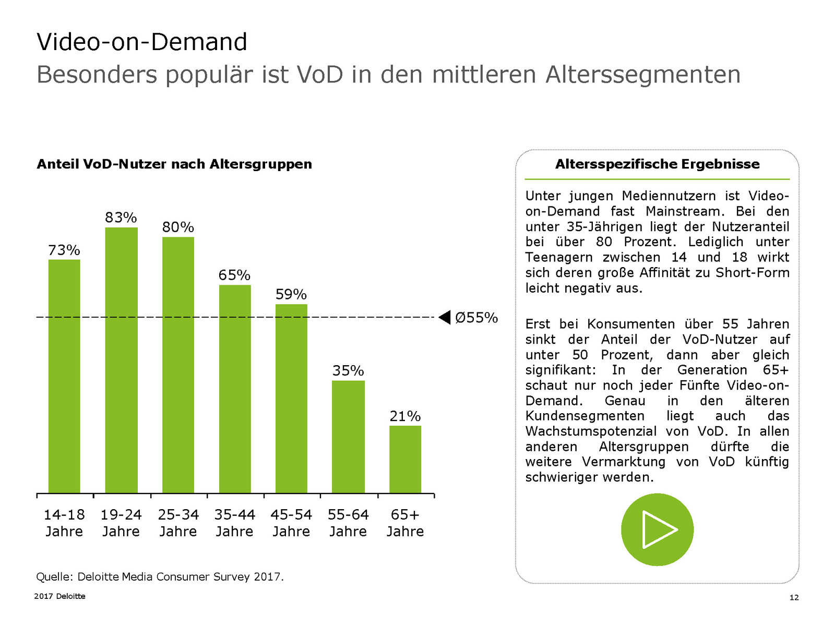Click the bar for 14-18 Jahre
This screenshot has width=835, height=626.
coord(64,376)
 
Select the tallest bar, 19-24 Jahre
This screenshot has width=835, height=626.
coord(121,360)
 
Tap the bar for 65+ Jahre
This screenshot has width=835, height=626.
coord(405,459)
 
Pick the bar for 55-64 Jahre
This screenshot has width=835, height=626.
coord(348,437)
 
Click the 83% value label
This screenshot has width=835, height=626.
coord(121,218)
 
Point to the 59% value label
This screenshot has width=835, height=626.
coord(291,294)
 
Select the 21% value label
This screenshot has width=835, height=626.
coord(405,416)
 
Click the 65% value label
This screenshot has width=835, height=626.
coord(234,275)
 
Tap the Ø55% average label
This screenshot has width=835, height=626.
coord(476,318)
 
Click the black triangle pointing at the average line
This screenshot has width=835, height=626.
coord(445,317)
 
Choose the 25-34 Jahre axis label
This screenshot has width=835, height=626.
coord(178,523)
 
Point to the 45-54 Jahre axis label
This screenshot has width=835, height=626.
coord(291,523)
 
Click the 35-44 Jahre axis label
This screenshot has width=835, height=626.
coord(234,523)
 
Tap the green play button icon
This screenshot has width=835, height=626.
coord(657,529)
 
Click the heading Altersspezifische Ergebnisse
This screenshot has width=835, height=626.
coord(657,164)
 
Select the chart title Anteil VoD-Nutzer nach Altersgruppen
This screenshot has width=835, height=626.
coord(174,164)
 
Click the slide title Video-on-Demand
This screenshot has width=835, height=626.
coord(142,42)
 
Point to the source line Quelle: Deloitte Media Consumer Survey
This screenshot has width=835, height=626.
coord(160,576)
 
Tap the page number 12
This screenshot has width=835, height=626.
coord(794,598)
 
